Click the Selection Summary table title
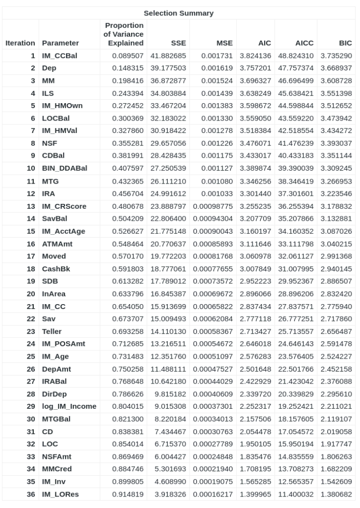[179, 13]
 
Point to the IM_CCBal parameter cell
[57, 56]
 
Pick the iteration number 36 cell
[31, 494]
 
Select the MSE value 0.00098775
[213, 206]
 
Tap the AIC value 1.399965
[256, 494]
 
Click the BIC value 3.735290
[337, 56]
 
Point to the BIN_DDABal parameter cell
[65, 169]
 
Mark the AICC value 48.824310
[297, 56]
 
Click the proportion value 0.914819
[128, 494]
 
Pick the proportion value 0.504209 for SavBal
[128, 219]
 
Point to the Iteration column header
[20, 43]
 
